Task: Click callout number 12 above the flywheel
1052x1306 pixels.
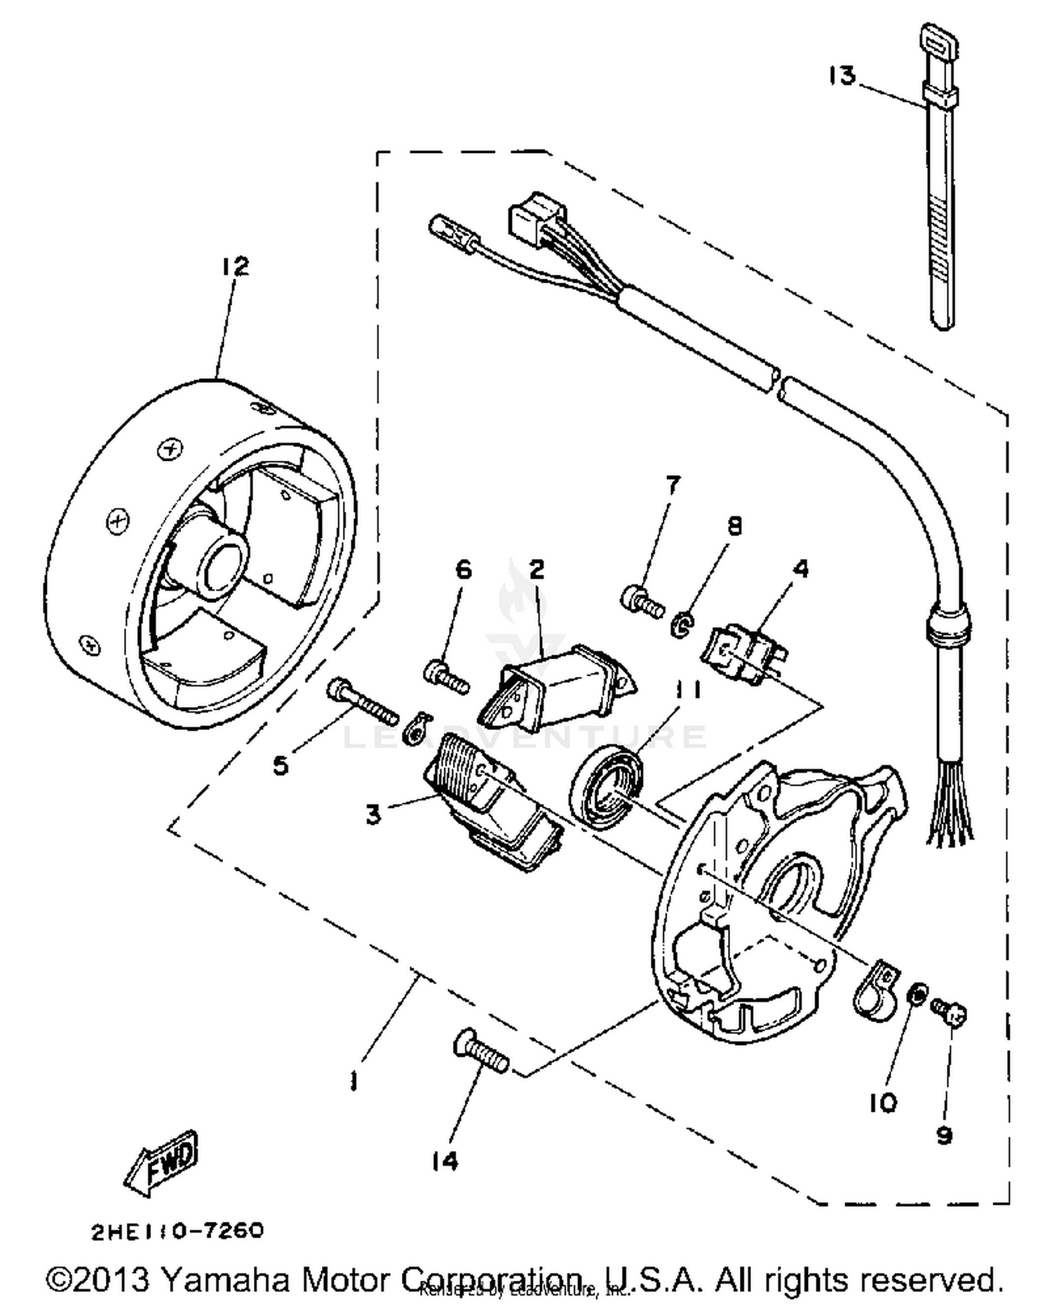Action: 236,267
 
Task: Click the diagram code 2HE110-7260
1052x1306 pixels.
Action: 177,1231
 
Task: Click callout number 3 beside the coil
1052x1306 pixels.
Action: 373,815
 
